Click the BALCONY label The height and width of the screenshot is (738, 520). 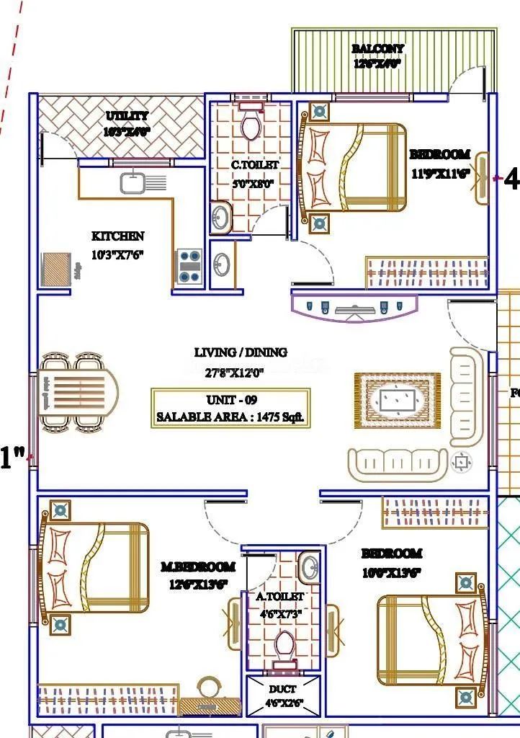[x=378, y=48]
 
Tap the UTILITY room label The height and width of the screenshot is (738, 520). [x=127, y=116]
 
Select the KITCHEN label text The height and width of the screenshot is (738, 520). [x=117, y=236]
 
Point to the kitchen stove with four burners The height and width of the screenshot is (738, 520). [x=189, y=266]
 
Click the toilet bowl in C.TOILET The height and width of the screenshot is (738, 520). [x=251, y=126]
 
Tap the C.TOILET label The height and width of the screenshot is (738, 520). [x=255, y=165]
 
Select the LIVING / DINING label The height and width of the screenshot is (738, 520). [x=241, y=352]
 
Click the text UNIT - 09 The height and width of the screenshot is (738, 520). [x=231, y=400]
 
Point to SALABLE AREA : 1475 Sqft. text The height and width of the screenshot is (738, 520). [x=230, y=417]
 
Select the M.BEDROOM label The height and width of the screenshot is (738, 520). [x=197, y=566]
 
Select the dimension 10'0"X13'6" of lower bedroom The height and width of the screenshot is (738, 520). [x=391, y=573]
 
